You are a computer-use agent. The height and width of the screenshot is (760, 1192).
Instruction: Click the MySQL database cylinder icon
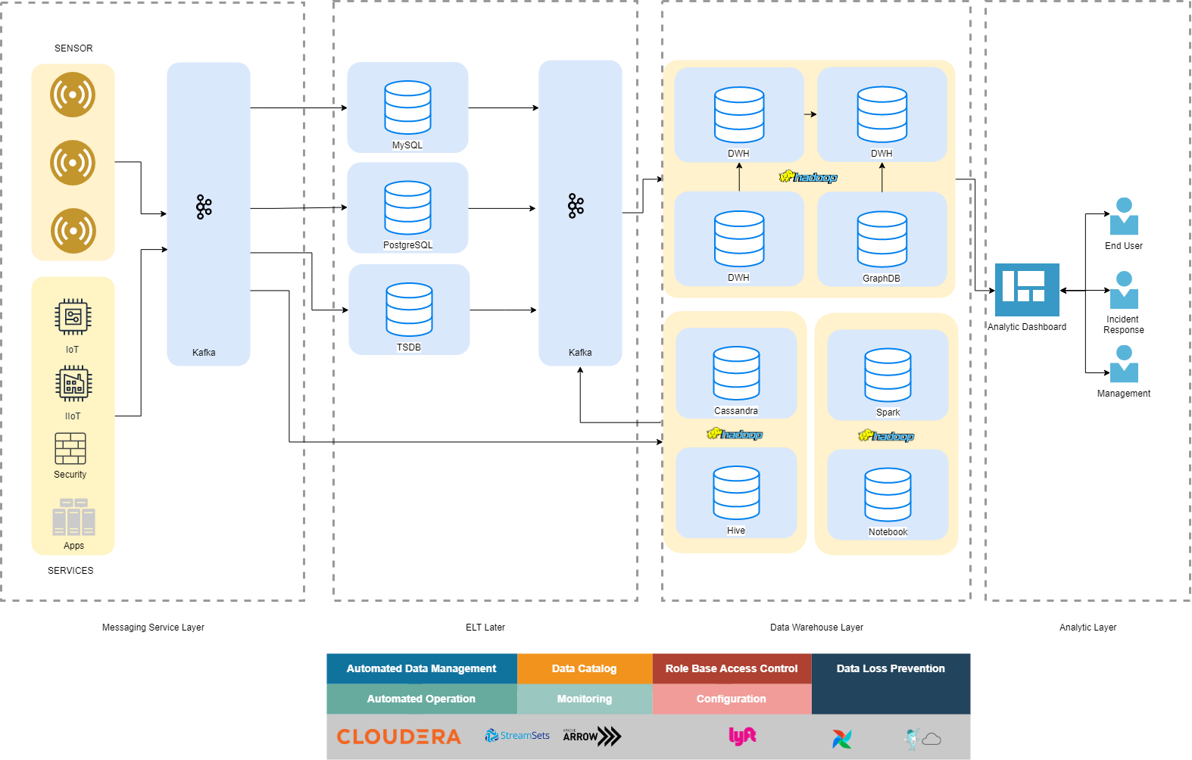(407, 107)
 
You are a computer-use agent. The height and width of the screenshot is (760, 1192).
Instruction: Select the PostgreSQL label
(407, 245)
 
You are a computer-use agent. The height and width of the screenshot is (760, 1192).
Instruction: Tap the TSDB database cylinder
(409, 310)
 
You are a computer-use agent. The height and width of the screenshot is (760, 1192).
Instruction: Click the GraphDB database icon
(882, 239)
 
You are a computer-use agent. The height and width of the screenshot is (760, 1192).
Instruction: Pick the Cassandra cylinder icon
(736, 373)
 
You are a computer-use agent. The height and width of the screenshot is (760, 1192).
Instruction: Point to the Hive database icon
(736, 493)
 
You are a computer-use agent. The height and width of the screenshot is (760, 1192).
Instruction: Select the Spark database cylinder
(888, 375)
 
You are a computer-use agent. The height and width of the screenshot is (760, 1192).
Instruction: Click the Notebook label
(888, 532)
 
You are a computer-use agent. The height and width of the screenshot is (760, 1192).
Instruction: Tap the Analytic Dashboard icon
(1027, 290)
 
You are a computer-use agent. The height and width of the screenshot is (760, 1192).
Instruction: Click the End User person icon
(1124, 217)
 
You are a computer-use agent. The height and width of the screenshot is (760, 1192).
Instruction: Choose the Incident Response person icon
(1124, 291)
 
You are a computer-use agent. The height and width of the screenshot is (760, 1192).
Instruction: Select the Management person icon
(1124, 364)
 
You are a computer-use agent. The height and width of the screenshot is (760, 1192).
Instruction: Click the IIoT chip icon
(73, 384)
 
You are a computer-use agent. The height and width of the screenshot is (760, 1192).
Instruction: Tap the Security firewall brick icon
(70, 448)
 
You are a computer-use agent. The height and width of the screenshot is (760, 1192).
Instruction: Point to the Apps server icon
(73, 517)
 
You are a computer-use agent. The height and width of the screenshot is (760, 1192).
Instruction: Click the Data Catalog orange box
(584, 668)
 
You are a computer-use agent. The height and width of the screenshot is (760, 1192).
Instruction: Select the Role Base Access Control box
(731, 668)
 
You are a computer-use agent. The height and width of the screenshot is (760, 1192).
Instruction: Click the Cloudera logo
(398, 737)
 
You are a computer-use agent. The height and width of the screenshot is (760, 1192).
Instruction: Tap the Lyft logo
(742, 736)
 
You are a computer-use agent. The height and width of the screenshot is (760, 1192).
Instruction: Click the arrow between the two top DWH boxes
(810, 114)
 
